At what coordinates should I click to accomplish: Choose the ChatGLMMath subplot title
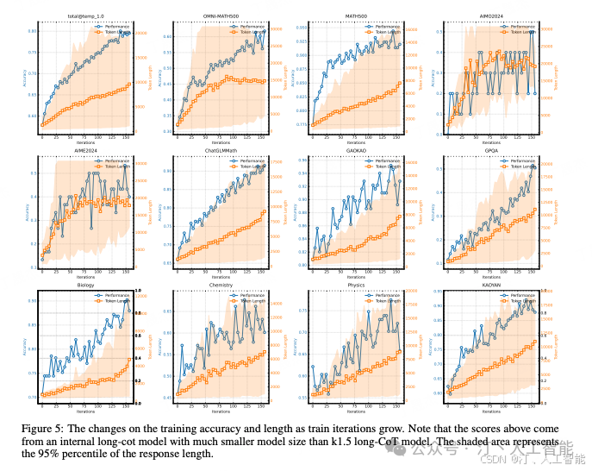pos(221,149)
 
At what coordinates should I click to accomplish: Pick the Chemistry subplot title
pos(221,284)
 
